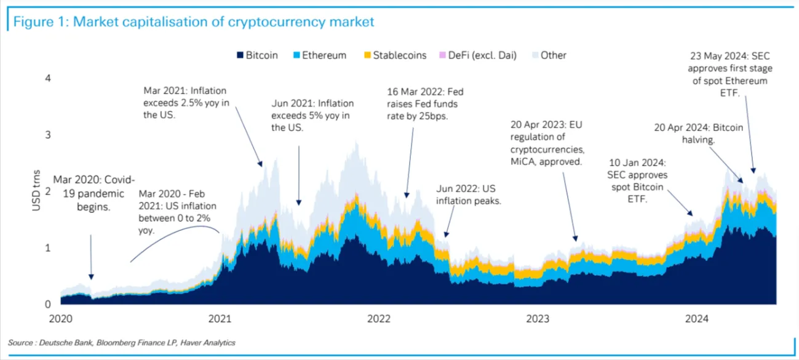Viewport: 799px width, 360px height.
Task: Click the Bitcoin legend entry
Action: pyautogui.click(x=257, y=55)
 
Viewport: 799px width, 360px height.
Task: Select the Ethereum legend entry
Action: pyautogui.click(x=320, y=55)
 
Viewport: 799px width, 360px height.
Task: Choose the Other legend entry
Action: pyautogui.click(x=549, y=55)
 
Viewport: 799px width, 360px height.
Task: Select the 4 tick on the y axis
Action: pyautogui.click(x=47, y=78)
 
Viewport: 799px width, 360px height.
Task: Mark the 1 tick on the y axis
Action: pyautogui.click(x=47, y=247)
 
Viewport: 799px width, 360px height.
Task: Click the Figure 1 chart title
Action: pyautogui.click(x=193, y=22)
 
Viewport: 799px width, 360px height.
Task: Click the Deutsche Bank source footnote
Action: pyautogui.click(x=122, y=343)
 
